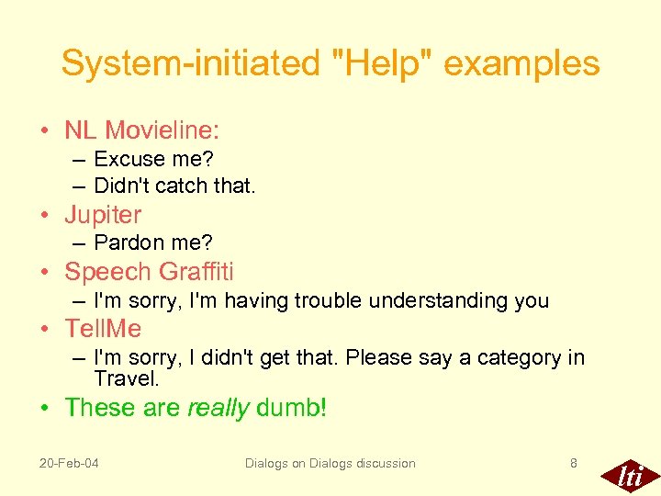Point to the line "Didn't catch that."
[174, 186]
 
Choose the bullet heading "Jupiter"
[103, 215]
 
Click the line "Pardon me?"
[152, 243]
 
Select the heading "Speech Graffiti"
[149, 272]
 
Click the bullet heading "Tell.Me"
[103, 328]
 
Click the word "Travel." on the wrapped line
[127, 378]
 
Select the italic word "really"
[218, 408]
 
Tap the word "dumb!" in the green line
[291, 408]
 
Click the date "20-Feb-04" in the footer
[69, 463]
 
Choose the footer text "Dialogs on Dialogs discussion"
[330, 463]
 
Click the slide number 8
[574, 463]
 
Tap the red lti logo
[629, 475]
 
